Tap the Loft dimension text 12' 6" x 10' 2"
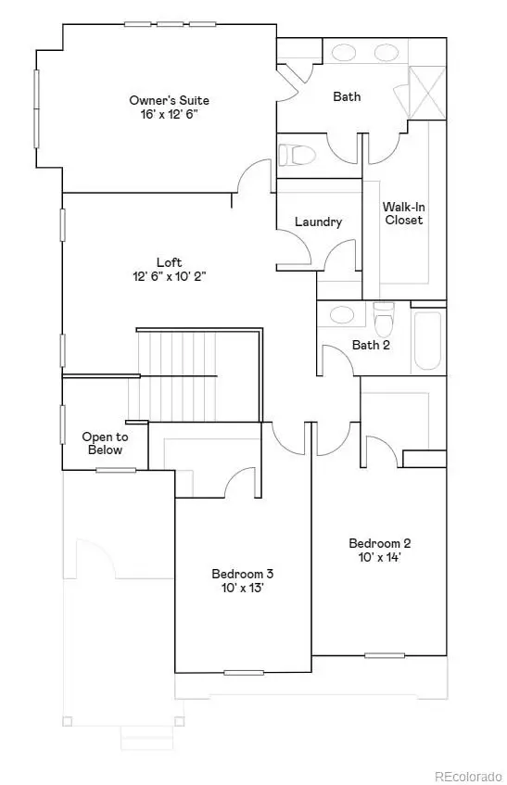(169, 275)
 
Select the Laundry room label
(318, 222)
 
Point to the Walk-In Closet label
(404, 213)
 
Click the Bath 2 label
(370, 346)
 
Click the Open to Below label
(105, 443)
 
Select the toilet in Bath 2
(384, 321)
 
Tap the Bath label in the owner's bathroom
(348, 96)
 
